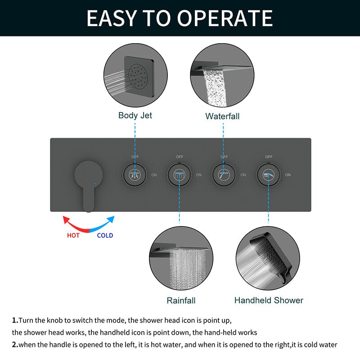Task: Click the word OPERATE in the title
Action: point(225,18)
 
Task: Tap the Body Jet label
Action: point(135,116)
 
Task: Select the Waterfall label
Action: point(222,116)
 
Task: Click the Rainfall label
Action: point(181,300)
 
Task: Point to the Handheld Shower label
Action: point(269,300)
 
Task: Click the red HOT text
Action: point(73,235)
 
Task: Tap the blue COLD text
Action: point(105,235)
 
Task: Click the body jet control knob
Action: point(135,175)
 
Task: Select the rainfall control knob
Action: point(179,175)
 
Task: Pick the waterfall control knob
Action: point(224,175)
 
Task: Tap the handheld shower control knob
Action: point(268,175)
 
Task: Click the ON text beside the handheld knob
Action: point(288,175)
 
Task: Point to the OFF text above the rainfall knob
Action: point(180,157)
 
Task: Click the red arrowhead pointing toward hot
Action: point(66,219)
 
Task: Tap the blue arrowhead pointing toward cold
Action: point(111,219)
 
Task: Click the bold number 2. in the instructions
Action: point(15,344)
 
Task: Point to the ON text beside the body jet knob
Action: point(154,175)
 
